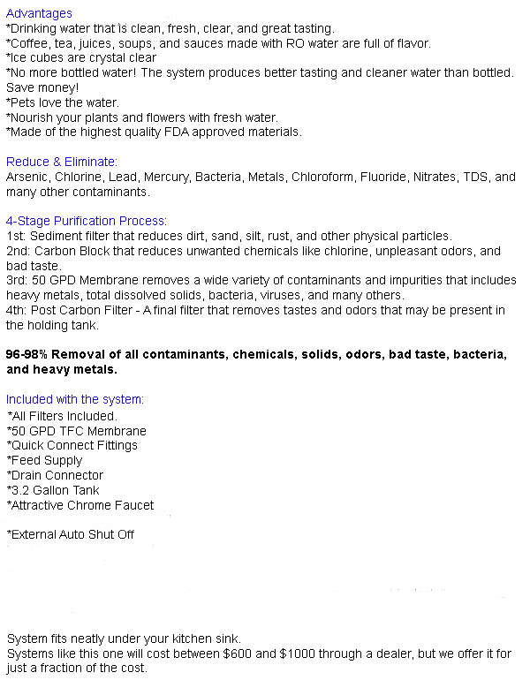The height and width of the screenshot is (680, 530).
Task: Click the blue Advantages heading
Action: click(39, 13)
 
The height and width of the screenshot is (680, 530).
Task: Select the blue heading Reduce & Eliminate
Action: click(61, 162)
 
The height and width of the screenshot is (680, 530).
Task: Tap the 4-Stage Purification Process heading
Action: click(86, 221)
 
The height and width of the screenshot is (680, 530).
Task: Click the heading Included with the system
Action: click(74, 399)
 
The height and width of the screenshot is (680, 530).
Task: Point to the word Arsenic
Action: click(26, 177)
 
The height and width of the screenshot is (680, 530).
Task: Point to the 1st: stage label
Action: click(17, 236)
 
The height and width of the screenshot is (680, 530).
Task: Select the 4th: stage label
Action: click(17, 310)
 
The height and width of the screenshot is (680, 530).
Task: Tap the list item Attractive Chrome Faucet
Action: click(80, 505)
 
